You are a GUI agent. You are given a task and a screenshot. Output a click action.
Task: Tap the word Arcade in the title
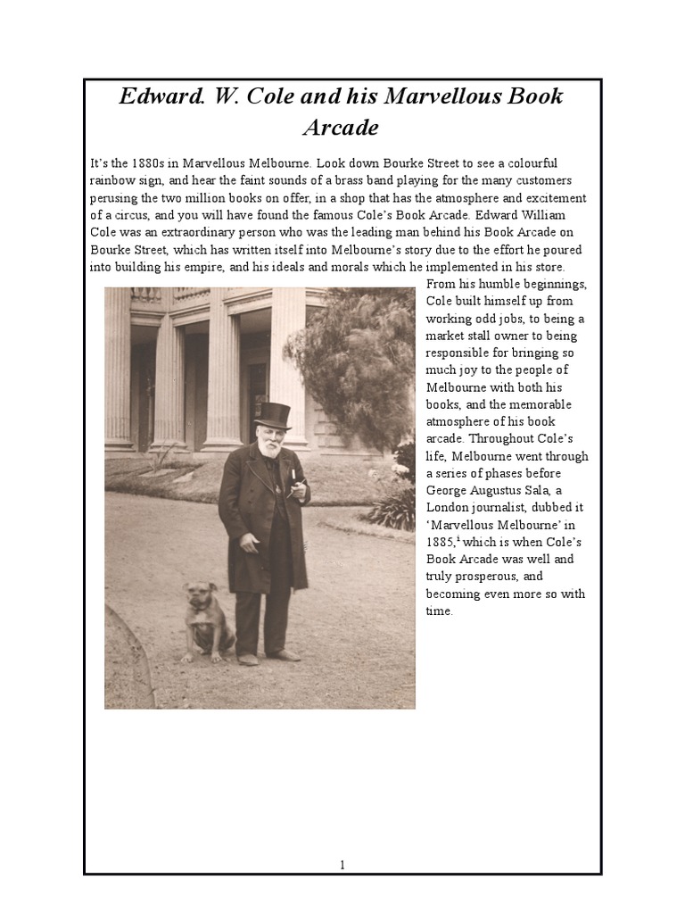341,128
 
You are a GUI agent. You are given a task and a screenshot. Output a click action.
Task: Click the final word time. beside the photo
440,611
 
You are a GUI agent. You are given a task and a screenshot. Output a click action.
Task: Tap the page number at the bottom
342,864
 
